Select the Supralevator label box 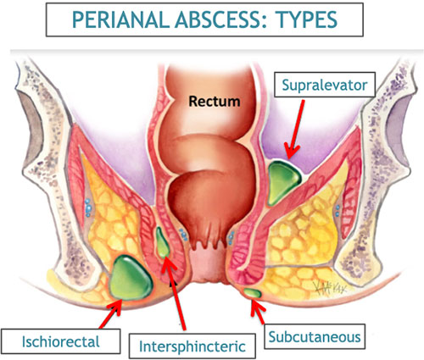click(325, 85)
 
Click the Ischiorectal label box click(61, 341)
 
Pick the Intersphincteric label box click(192, 346)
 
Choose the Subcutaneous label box click(315, 336)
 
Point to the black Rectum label click(215, 101)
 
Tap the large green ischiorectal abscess click(131, 277)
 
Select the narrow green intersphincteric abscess click(162, 242)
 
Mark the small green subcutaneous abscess click(253, 293)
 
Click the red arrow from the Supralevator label click(295, 130)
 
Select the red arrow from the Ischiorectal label click(111, 313)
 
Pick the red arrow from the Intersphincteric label click(175, 294)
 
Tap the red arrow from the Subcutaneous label click(258, 312)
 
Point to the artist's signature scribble click(329, 288)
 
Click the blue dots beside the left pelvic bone click(88, 208)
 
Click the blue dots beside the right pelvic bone click(337, 211)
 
